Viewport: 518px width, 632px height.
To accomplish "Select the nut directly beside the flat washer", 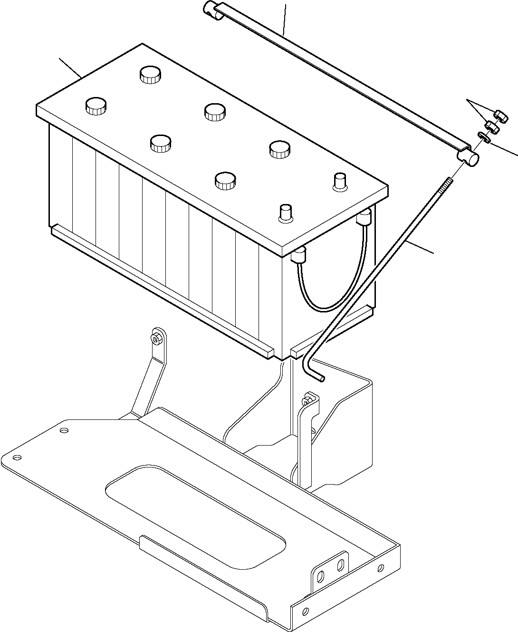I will pyautogui.click(x=491, y=127).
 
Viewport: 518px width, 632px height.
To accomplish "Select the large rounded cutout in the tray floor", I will pyautogui.click(x=195, y=514).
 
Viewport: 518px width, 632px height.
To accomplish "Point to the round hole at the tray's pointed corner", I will pyautogui.click(x=18, y=457).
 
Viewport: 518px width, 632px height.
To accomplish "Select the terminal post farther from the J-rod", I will pyautogui.click(x=286, y=213).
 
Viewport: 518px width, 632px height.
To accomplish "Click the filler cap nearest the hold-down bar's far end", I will pyautogui.click(x=150, y=75).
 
